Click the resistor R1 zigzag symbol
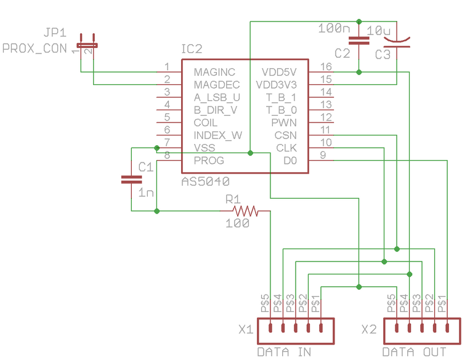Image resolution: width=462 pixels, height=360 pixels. pos(246,211)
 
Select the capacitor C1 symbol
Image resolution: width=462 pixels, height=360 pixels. pos(131,179)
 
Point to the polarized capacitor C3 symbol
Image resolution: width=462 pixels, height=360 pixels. pos(397,42)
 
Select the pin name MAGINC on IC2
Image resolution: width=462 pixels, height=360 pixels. pos(214,73)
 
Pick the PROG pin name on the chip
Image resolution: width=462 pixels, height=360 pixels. pos(209,161)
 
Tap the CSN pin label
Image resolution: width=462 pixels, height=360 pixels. pos(285,135)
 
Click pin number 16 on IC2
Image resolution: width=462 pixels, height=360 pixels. pos(326,66)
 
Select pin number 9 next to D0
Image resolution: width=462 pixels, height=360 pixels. pos(323,155)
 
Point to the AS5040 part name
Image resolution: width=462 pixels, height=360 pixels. pos(206,182)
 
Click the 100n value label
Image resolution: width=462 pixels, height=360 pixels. pos(334,28)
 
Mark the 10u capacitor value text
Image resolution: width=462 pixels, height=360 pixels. pos(378,30)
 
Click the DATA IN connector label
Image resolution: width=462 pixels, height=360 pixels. pos(284,352)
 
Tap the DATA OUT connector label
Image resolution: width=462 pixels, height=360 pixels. pos(414,352)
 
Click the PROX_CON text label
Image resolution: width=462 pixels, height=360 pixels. pos(34,48)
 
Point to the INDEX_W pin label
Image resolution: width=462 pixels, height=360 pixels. pos(217,135)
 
